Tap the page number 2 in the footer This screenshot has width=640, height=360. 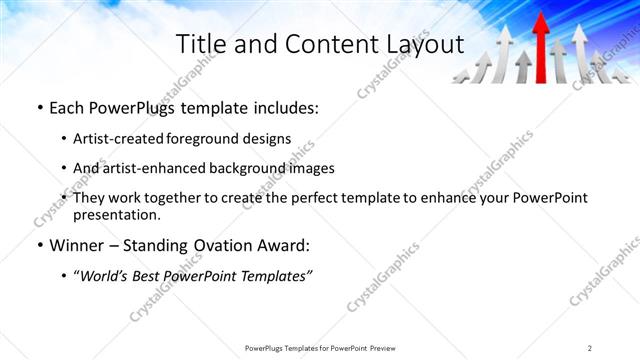pyautogui.click(x=590, y=348)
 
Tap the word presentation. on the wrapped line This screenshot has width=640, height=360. pyautogui.click(x=116, y=214)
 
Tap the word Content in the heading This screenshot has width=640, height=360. pyautogui.click(x=324, y=44)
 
